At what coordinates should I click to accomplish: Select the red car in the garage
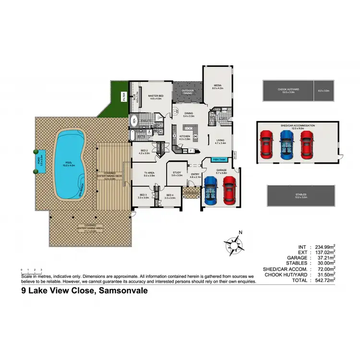point(229,191)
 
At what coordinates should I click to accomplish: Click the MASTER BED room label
point(156,96)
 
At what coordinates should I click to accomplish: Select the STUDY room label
point(177,174)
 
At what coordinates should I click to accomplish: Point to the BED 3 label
point(142,196)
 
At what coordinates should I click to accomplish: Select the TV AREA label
point(149,174)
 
